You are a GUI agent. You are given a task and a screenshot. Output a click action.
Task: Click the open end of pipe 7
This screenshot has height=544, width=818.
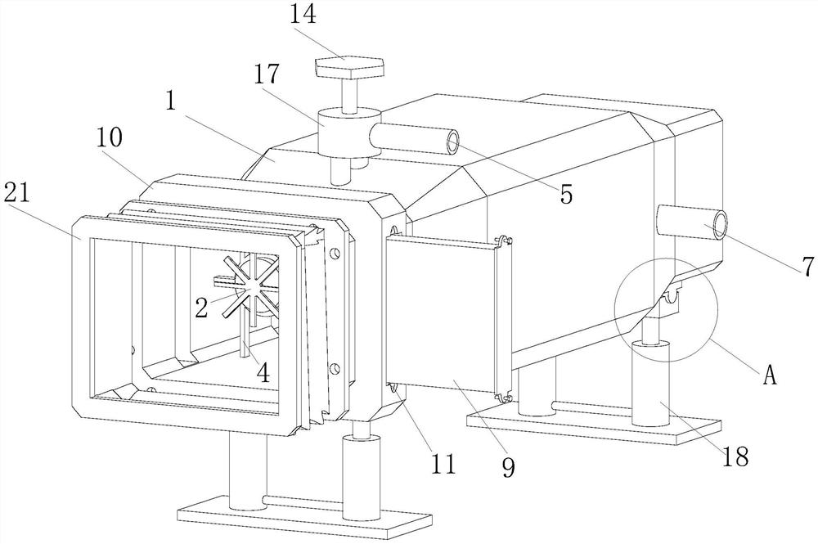[721, 223]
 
